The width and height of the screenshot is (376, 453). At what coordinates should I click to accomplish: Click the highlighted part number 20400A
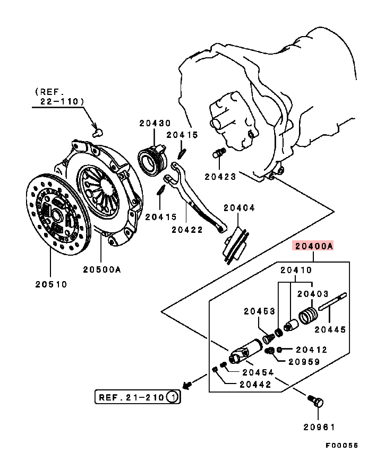[x=313, y=246]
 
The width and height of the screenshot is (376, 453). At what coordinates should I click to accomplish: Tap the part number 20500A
[x=102, y=269]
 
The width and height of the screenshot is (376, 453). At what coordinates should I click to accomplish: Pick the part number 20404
[x=238, y=208]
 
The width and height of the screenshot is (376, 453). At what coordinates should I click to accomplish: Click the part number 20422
[x=187, y=230]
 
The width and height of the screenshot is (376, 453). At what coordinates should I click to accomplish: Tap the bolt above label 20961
[x=317, y=402]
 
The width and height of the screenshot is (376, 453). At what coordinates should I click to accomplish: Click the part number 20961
[x=320, y=426]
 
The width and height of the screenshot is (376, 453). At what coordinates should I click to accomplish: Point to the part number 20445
[x=330, y=329]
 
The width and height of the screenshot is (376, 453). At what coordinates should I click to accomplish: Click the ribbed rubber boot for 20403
[x=308, y=315]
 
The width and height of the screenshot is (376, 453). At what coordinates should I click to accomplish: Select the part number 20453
[x=260, y=311]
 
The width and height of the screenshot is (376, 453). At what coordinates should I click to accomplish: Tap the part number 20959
[x=304, y=362]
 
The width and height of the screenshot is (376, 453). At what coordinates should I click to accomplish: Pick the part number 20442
[x=255, y=384]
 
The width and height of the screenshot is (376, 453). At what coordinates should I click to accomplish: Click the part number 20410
[x=296, y=270]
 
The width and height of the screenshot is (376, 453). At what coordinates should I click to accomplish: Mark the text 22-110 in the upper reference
[x=61, y=100]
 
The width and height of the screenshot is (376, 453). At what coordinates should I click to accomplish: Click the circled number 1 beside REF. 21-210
[x=172, y=396]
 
